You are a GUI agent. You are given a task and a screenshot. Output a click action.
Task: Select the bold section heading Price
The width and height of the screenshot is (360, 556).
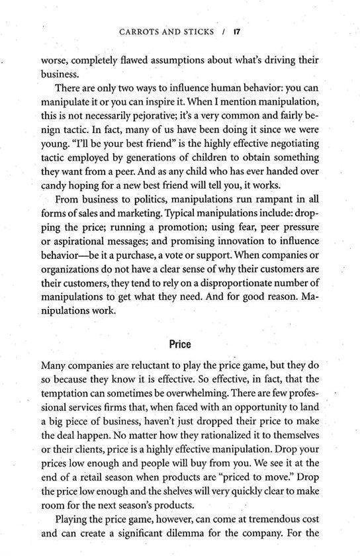pyautogui.click(x=180, y=344)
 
